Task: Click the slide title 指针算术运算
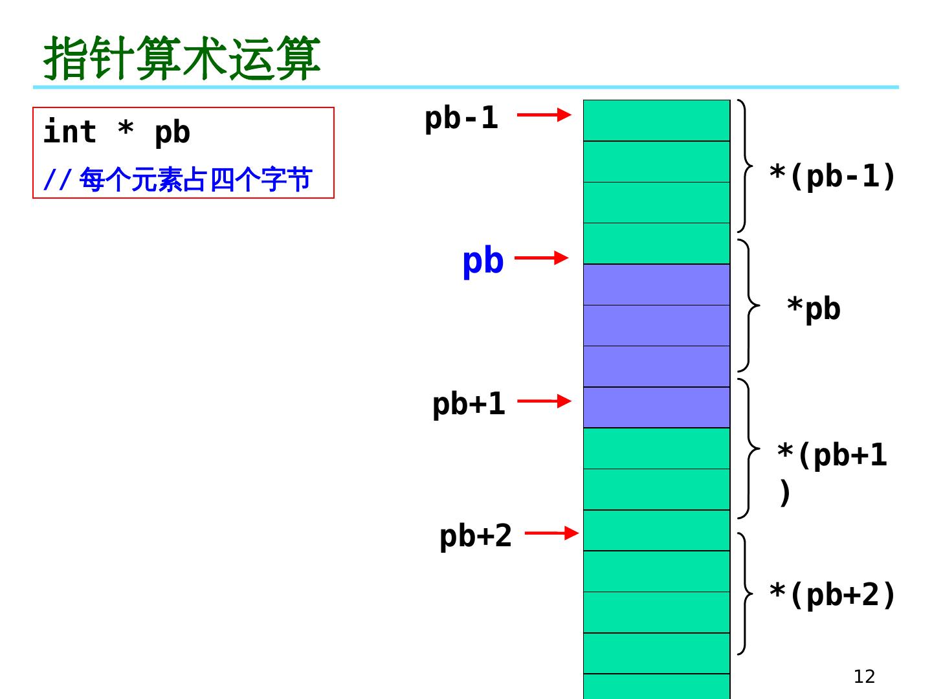182,58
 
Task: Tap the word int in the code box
69,132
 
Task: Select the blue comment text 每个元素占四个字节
195,179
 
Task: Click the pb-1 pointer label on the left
461,118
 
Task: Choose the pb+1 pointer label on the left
469,404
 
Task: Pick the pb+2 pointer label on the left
476,536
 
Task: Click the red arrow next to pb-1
544,115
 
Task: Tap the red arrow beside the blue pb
541,258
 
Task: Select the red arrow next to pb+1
544,401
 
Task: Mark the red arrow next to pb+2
551,533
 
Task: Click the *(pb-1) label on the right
832,176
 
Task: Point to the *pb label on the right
814,309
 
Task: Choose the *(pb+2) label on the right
832,595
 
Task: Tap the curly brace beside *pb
748,305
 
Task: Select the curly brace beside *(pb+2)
746,594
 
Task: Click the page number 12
864,676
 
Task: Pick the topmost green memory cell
656,120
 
